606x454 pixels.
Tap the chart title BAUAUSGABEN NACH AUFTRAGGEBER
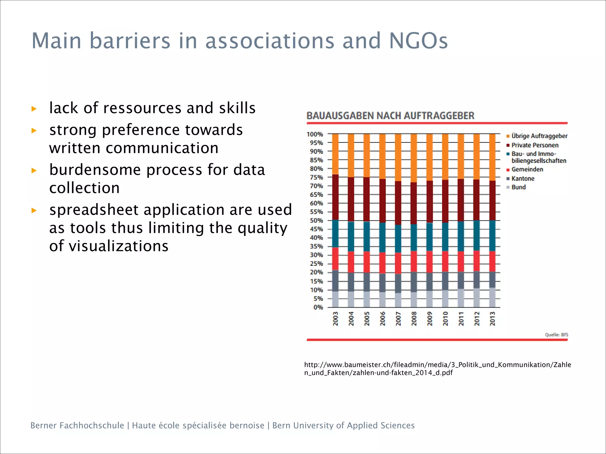pos(390,116)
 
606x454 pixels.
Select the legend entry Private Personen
pos(535,145)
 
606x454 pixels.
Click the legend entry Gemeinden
pos(527,169)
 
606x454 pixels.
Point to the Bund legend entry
pos(518,187)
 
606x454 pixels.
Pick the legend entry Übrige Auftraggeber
pos(539,136)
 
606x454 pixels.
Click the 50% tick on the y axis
pos(316,220)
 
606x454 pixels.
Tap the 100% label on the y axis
pos(315,134)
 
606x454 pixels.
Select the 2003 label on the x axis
pos(335,319)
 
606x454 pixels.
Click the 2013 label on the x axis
pos(492,319)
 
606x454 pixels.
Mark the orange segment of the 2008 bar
pos(414,158)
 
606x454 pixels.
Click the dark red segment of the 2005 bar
pos(367,200)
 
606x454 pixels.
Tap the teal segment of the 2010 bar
pos(445,236)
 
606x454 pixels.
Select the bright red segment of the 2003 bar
pos(335,259)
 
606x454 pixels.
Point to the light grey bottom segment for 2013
pos(492,297)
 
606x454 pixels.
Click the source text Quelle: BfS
pos(556,335)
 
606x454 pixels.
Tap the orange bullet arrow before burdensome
pos(34,170)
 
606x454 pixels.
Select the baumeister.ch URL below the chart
pos(437,369)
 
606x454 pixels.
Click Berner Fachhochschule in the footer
pos(77,425)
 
